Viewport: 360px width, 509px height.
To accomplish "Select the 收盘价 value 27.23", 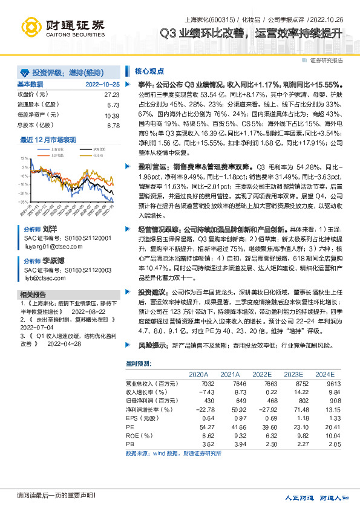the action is click(111, 95).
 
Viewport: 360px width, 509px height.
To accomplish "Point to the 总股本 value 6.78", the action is click(113, 126).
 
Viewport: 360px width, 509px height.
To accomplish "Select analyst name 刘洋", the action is click(50, 230).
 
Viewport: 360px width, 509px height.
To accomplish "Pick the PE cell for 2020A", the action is click(207, 427).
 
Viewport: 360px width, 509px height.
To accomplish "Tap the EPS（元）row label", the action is click(141, 418).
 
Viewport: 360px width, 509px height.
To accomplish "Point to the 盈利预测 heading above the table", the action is click(139, 363).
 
